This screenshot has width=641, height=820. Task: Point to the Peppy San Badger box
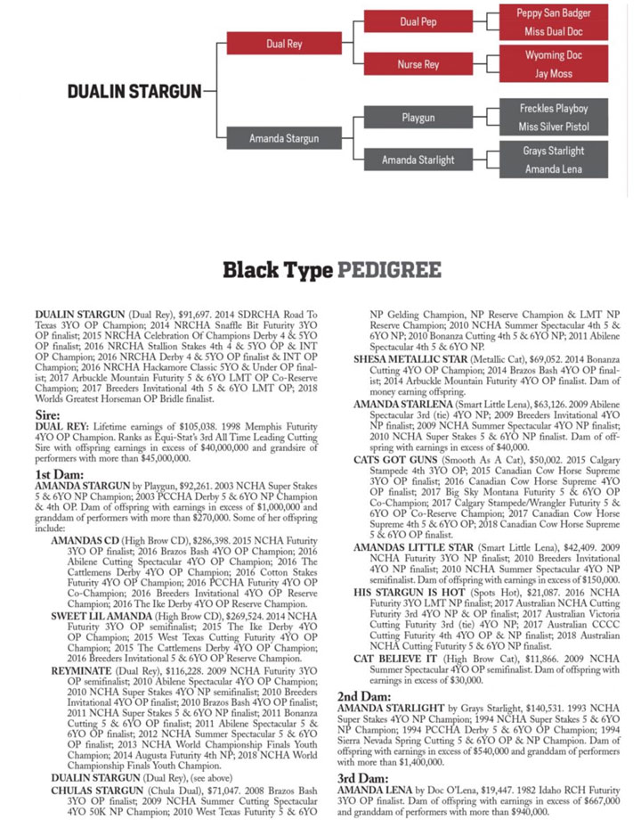(x=553, y=13)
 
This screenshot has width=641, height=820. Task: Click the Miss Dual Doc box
(x=553, y=31)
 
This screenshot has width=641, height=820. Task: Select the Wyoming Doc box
(x=553, y=55)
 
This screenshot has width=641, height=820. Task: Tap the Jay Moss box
(x=553, y=73)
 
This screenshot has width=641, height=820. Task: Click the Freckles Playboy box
(x=553, y=109)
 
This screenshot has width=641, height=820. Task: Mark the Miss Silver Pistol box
(x=553, y=127)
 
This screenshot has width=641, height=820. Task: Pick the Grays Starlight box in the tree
(x=553, y=151)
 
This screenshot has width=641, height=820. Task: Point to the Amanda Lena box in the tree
(x=553, y=168)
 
